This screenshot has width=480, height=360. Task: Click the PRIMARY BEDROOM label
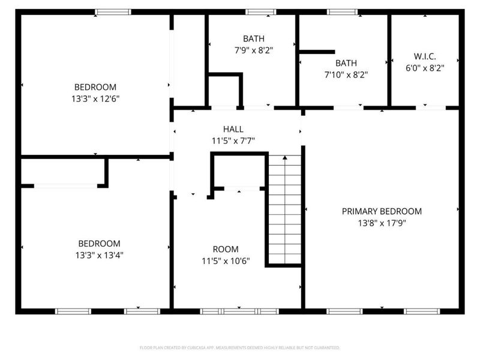(x=382, y=211)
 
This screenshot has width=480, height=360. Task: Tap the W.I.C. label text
(x=425, y=56)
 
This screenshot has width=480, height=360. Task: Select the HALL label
(x=233, y=129)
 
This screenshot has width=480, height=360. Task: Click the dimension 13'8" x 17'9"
(x=382, y=223)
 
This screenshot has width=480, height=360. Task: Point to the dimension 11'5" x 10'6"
(x=225, y=261)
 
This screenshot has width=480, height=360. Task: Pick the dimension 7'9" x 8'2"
(x=253, y=51)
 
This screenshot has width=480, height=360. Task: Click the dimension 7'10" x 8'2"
(x=346, y=75)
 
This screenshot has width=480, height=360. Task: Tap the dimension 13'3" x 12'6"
(x=95, y=99)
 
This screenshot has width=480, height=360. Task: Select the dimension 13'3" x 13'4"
(x=99, y=255)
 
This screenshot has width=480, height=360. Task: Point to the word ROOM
(x=225, y=249)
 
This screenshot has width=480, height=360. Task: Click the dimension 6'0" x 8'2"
(x=425, y=68)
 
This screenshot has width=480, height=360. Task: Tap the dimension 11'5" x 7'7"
(x=233, y=141)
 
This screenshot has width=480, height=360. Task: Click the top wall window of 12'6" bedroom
(x=113, y=11)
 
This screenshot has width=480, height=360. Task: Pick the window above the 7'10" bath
(x=342, y=11)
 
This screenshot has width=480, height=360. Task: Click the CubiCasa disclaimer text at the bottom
(x=239, y=347)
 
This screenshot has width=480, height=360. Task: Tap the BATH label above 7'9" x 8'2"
(x=253, y=39)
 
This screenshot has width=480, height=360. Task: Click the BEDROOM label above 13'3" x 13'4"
(x=99, y=244)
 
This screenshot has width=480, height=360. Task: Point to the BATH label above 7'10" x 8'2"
(x=346, y=63)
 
